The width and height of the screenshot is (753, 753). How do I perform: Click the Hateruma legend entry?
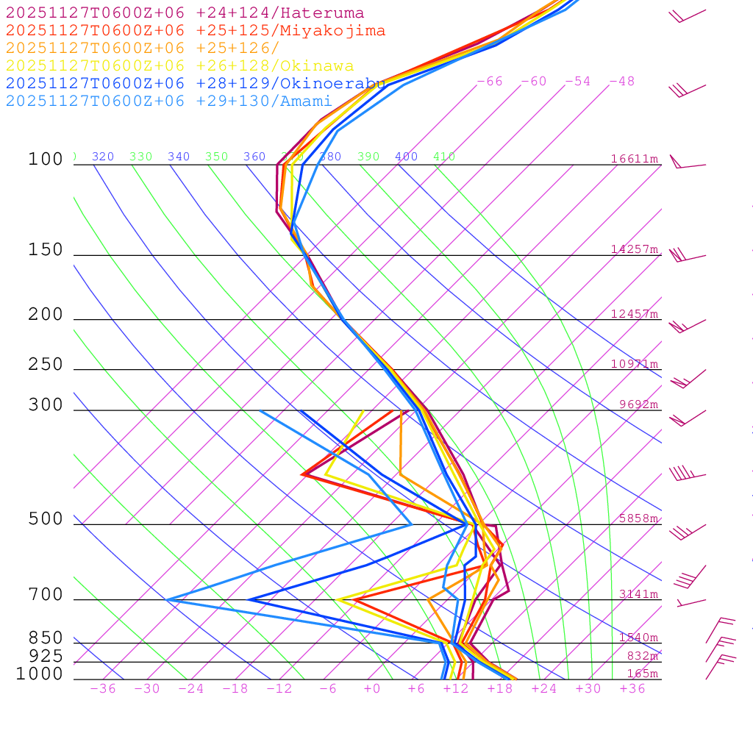185,13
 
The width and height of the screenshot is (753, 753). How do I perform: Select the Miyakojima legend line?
195,31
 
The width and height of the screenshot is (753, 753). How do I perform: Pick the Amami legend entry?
168,101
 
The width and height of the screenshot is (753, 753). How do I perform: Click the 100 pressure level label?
46,160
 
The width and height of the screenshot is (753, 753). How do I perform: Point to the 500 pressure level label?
46,520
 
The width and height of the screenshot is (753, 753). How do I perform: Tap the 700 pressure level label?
46,596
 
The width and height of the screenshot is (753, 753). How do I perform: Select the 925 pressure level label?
46,656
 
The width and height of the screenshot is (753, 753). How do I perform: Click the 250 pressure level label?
46,365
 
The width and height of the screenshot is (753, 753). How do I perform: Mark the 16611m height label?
635,159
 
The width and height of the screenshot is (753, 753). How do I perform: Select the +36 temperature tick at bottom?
632,689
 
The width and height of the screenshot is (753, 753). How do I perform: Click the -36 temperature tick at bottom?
103,689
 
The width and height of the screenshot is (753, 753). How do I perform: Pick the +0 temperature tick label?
372,689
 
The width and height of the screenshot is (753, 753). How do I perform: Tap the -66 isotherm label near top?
490,82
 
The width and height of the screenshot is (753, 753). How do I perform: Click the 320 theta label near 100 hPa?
103,157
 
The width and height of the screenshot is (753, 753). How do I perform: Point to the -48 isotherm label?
622,82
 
